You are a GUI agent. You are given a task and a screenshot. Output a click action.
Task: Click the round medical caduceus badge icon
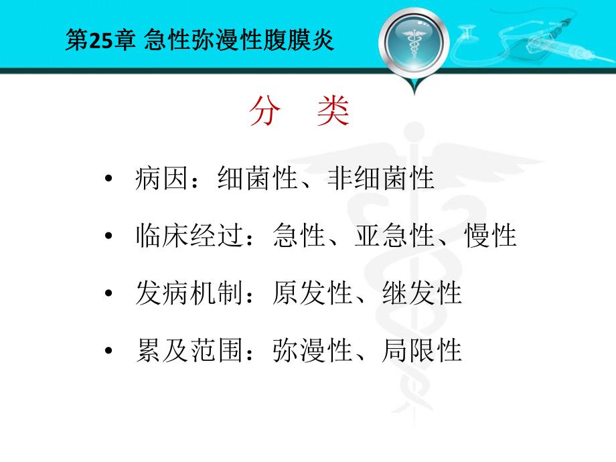pos(412,44)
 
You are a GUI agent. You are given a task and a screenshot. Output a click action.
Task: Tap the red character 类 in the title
pos(333,112)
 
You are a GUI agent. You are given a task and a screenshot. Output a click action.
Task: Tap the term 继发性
pos(422,294)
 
